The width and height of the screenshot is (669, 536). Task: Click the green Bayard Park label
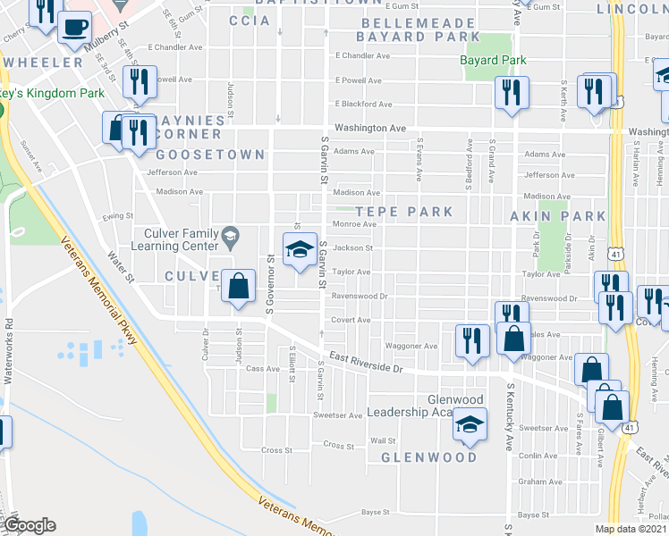[493, 61]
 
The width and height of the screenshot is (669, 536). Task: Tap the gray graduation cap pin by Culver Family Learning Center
[231, 238]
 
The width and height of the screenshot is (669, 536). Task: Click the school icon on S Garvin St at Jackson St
[300, 250]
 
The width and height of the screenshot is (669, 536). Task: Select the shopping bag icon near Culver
[239, 287]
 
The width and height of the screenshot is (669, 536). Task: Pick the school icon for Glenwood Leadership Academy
[468, 426]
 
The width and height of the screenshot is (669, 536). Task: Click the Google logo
[30, 525]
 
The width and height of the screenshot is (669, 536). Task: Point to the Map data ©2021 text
[631, 529]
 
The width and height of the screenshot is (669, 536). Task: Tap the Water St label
[120, 266]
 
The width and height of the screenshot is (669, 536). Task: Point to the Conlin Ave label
[538, 456]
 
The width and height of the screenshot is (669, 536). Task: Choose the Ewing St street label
[117, 215]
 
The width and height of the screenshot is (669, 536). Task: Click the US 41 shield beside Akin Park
[616, 255]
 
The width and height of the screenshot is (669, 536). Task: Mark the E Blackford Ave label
[363, 104]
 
